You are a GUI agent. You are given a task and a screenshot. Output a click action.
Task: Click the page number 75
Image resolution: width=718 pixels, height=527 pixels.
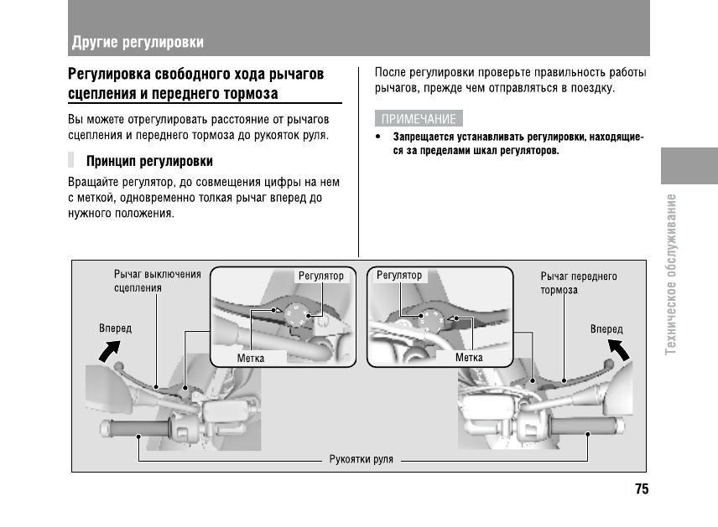(x=642, y=489)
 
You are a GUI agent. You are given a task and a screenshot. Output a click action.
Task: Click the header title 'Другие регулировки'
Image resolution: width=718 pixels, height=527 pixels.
(x=138, y=42)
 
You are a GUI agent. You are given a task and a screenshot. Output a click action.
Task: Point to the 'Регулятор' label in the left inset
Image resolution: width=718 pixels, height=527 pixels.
(x=321, y=276)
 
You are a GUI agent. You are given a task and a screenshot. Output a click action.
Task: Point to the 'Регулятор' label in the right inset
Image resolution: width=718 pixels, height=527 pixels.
(x=399, y=275)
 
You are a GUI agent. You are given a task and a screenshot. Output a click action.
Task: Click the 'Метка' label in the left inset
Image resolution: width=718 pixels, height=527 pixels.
(x=251, y=358)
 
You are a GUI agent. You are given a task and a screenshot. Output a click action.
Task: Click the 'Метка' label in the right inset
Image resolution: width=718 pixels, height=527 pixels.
(x=468, y=358)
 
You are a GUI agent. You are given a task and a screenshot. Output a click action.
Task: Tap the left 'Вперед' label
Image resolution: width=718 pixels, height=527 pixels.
(x=116, y=328)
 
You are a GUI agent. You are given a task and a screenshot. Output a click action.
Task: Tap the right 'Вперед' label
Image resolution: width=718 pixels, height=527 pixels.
(x=606, y=329)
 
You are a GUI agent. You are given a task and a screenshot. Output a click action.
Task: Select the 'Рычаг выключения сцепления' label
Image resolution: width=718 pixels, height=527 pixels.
(x=158, y=281)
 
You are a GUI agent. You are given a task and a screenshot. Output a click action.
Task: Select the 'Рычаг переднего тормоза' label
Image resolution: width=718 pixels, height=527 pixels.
(x=579, y=282)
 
